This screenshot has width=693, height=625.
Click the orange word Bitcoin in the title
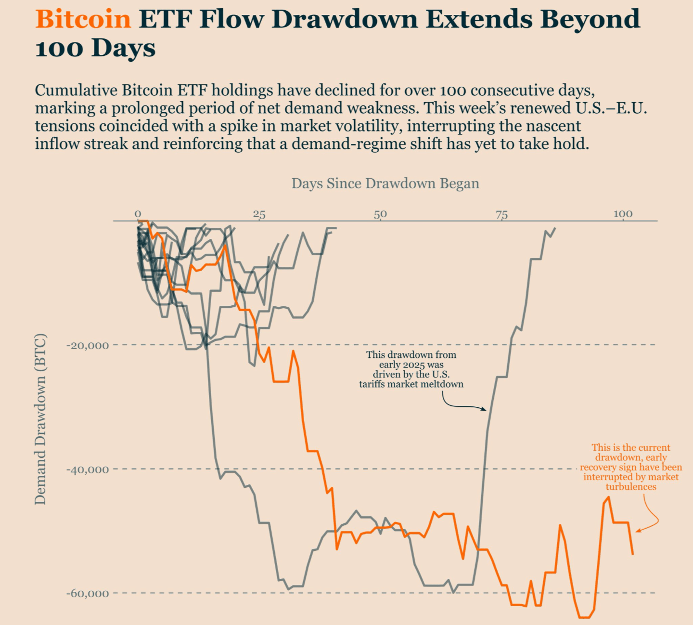83,19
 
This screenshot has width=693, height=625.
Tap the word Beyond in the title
590,19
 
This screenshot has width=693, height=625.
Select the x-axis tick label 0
138,214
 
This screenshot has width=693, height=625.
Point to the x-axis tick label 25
259,214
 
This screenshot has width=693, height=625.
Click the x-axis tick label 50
380,214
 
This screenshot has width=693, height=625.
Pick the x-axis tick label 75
501,214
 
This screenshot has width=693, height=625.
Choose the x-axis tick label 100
623,214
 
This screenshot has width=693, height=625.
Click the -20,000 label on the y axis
87,345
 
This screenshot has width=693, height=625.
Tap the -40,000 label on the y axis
87,469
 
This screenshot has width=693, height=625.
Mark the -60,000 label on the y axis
87,593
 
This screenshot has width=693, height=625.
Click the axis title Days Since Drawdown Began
385,183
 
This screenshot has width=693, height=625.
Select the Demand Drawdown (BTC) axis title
40,419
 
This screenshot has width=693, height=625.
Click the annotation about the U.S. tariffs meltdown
411,369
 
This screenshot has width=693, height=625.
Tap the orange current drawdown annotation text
630,467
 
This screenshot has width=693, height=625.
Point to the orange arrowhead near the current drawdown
638,531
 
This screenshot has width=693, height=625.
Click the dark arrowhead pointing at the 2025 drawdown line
485,409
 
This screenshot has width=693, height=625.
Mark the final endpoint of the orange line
633,554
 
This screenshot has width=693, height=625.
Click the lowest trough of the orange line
584,617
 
